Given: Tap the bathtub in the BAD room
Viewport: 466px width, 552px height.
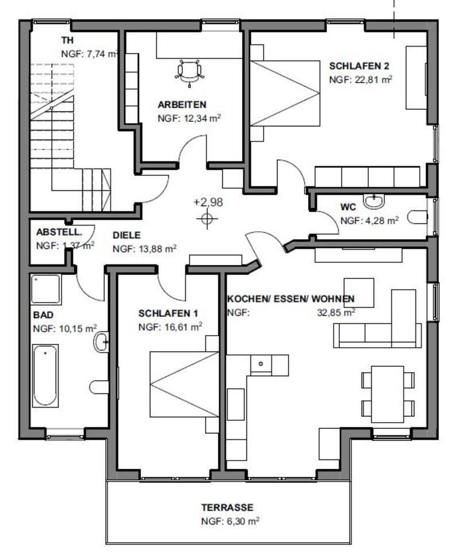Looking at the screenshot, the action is point(45,375).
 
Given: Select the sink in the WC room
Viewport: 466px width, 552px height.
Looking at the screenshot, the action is point(374,201).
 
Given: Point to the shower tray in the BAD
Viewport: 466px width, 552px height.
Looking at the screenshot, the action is point(46,289).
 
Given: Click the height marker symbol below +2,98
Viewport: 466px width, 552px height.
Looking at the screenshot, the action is point(207,219).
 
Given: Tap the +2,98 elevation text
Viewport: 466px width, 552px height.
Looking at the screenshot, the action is point(208,202).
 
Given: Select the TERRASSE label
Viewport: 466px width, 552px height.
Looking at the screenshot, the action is point(227,507).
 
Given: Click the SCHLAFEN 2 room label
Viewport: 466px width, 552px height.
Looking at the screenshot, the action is point(359,66).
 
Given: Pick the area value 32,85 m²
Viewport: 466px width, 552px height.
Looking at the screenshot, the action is point(336,312).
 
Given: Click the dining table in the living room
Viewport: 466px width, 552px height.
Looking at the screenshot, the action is point(388,394).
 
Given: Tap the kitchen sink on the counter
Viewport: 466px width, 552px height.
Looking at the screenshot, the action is point(261,363).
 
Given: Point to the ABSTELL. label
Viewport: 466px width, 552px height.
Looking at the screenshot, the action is point(59,232).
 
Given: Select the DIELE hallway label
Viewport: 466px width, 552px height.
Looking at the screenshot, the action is point(126,235).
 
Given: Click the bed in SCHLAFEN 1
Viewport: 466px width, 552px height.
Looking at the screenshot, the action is point(184,384).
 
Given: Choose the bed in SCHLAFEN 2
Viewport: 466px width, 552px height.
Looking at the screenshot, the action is point(285,93).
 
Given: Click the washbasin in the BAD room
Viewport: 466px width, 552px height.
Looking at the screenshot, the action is point(101,342).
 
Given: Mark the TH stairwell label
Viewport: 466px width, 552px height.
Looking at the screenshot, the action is point(68,40).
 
